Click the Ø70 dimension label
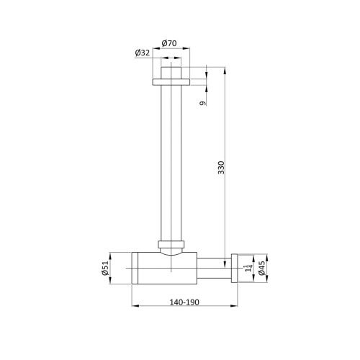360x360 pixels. [170, 42]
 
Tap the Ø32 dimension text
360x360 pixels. [142, 52]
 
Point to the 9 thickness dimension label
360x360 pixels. [204, 102]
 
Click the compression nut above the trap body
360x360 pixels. [170, 243]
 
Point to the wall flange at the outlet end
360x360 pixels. [234, 267]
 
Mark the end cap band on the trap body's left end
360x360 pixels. [134, 267]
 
